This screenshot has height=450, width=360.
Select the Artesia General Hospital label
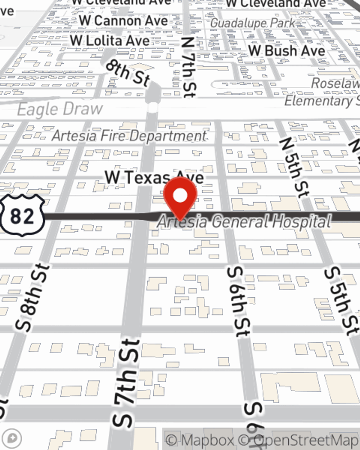pos(244,221)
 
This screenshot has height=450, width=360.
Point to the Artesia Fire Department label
pos(129,136)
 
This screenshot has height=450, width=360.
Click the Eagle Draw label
pos(60,109)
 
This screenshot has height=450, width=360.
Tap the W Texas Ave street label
pos(154,177)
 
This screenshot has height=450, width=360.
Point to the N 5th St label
pos(294,167)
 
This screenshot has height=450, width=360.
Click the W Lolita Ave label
pos(110,40)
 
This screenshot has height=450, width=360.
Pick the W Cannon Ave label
pos(123,21)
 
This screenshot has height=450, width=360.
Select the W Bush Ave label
pos(287,50)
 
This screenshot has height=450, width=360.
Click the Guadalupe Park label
pos(252,23)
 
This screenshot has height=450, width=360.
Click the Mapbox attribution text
pos(200,440)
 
